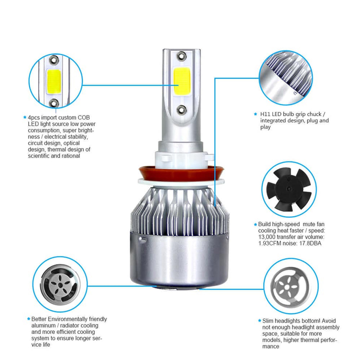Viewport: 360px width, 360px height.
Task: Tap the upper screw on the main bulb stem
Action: click(x=182, y=55)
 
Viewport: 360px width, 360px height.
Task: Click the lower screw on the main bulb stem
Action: click(x=181, y=109)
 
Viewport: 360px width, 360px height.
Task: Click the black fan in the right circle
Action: click(x=289, y=189)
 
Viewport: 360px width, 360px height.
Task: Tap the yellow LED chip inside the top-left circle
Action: click(x=54, y=81)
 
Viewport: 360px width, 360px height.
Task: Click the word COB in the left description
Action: click(x=84, y=117)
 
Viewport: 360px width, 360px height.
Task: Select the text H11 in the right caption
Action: click(x=265, y=114)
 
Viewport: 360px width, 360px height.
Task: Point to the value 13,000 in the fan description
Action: click(x=266, y=237)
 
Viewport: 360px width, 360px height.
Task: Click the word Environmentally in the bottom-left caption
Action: click(x=68, y=319)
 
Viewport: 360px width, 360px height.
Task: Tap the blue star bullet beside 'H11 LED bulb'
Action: click(x=256, y=114)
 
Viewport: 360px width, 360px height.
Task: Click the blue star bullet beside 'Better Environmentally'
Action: click(x=28, y=319)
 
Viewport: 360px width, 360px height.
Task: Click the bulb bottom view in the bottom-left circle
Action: click(x=60, y=284)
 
